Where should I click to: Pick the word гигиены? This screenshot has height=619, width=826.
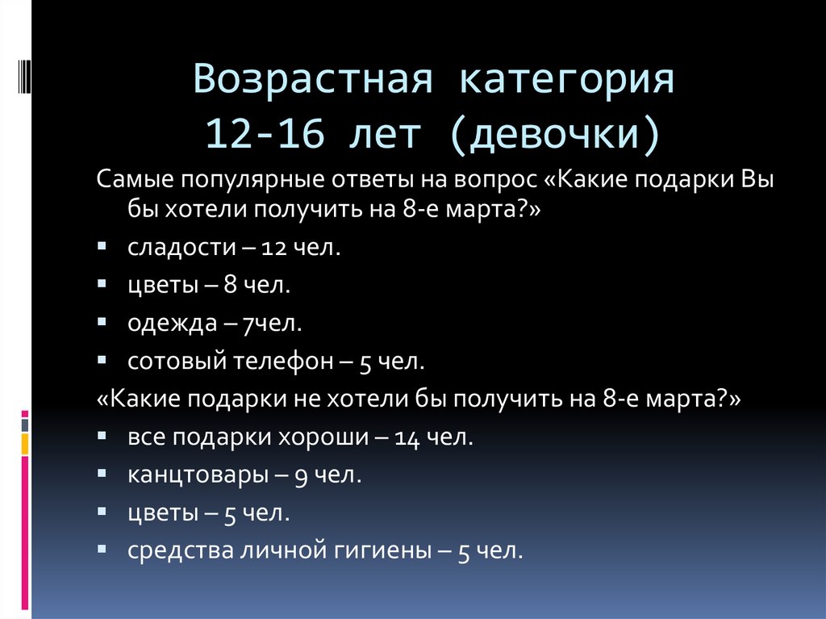coord(385,552)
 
